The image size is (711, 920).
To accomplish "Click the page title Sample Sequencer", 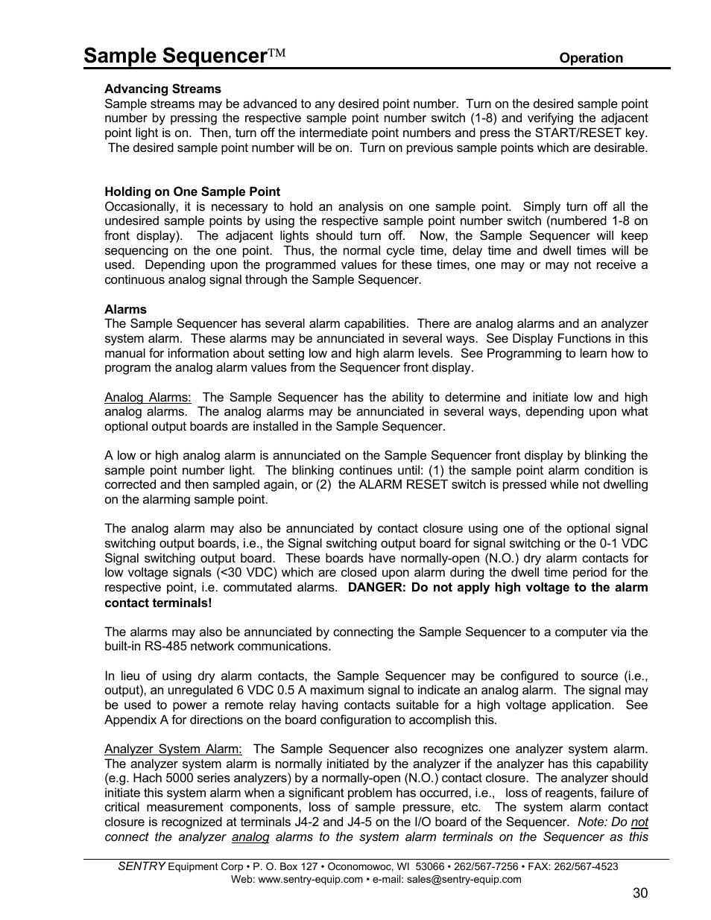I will coord(176,56).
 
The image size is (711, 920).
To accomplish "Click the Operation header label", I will coord(591,58).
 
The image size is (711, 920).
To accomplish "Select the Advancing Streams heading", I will coord(162,89).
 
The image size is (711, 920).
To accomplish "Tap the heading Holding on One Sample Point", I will coord(192,191).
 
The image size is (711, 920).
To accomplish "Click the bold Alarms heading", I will coord(125,309).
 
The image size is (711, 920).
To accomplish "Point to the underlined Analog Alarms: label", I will coord(148,398).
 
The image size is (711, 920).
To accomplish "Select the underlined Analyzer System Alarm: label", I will coord(173,749).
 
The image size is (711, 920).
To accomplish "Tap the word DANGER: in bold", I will coord(376,588).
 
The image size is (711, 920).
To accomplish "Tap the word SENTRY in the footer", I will coord(142,866).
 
